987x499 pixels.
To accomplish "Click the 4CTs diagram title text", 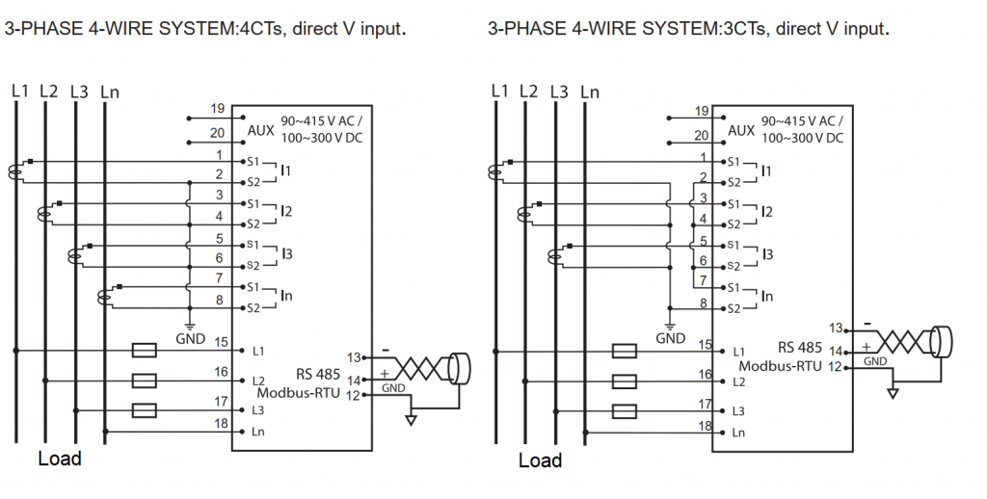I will tap(205, 29).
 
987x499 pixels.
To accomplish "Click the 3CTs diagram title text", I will tap(688, 29).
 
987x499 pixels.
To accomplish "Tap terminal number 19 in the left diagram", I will tap(217, 109).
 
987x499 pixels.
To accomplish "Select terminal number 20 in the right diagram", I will tap(701, 136).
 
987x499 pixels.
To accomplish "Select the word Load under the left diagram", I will tap(60, 459).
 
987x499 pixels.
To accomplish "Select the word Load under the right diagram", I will tap(540, 460).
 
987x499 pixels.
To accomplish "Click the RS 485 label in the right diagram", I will tap(799, 348).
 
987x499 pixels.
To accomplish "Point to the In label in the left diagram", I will tap(286, 296).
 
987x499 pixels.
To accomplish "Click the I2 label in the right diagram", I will tap(766, 212).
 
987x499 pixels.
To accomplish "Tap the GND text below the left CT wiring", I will tap(189, 339).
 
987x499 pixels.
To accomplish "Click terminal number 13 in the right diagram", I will tap(836, 328).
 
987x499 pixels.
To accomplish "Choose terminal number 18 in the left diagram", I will tap(221, 423).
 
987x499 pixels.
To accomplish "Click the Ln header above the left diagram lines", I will tap(109, 92).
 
